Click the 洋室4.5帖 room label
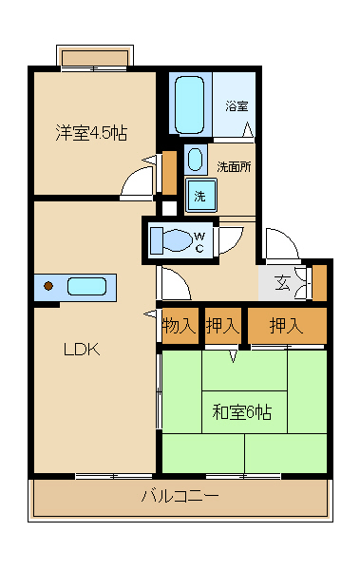coord(91,133)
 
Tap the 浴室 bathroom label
coord(237,106)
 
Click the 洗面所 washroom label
coord(234,166)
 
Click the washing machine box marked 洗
coord(199,196)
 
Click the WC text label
coord(200,241)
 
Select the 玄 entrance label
coord(283,281)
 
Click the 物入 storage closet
coord(179,326)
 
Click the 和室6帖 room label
coord(241,411)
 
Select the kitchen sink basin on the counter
coord(86,286)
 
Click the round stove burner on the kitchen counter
coord(48,285)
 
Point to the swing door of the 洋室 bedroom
coord(139,180)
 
